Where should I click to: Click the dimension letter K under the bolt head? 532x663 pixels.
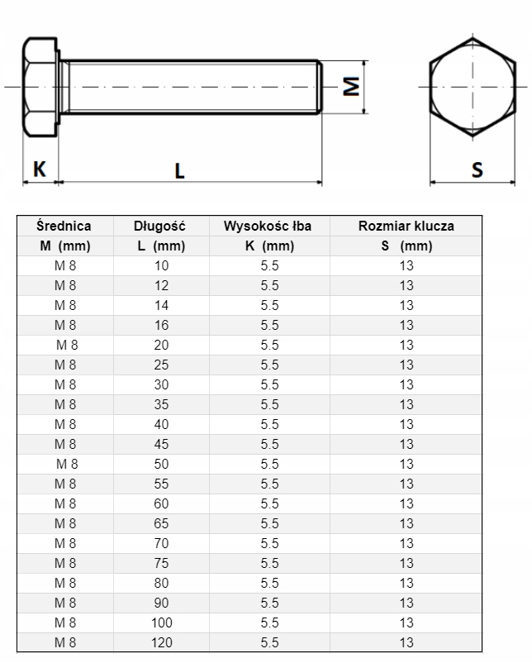tap(39, 169)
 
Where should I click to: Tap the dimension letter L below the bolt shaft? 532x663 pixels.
tap(179, 170)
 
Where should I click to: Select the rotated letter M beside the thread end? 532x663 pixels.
tap(351, 86)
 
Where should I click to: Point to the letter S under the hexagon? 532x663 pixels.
tap(477, 169)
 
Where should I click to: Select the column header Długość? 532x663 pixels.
tap(160, 226)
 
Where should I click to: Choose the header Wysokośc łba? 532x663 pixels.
tap(269, 226)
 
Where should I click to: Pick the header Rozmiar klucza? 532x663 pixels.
tap(406, 226)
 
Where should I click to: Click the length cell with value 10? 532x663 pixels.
tap(161, 265)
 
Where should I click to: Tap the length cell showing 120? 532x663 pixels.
tap(161, 642)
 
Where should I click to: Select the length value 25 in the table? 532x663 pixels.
tap(161, 365)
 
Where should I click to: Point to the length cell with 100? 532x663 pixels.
tap(161, 622)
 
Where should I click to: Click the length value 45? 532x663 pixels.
tap(161, 444)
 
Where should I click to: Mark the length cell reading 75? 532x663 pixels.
tap(161, 563)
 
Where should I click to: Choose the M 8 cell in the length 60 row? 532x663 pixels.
tap(65, 503)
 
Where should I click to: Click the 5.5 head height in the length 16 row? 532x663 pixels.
tap(269, 325)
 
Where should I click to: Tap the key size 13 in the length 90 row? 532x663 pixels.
tap(406, 603)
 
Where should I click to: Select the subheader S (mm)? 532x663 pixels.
tap(406, 246)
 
